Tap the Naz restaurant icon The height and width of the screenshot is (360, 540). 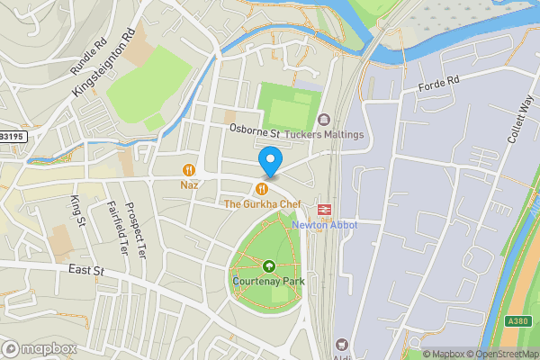click(189, 169)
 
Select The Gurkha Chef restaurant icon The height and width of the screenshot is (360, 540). click(262, 188)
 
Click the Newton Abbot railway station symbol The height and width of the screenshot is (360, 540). click(325, 209)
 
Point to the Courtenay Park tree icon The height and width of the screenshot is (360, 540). click(268, 265)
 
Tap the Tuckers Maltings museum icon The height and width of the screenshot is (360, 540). click(323, 119)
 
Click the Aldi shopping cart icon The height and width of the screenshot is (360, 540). click(341, 344)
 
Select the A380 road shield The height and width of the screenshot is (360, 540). click(517, 321)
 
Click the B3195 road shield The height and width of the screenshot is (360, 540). click(13, 136)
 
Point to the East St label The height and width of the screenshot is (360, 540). click(86, 269)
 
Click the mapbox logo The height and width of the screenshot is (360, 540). click(39, 348)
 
